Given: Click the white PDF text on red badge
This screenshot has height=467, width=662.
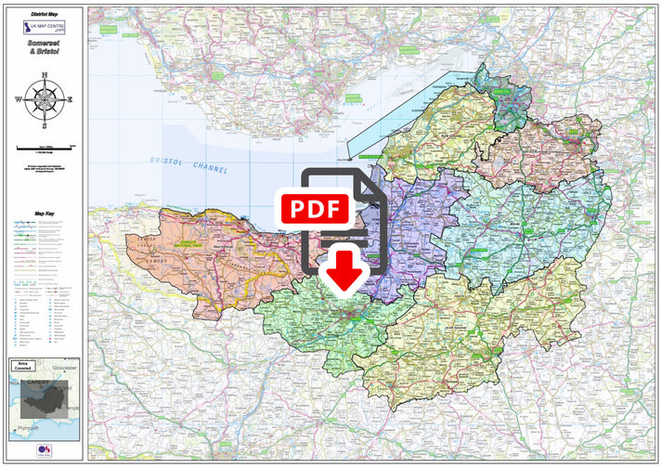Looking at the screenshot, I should [x=315, y=208].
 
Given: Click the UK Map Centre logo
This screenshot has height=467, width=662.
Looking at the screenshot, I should [x=44, y=31].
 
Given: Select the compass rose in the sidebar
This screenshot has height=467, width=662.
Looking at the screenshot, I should [x=44, y=98].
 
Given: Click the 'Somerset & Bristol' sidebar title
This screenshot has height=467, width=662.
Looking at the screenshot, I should [x=44, y=54].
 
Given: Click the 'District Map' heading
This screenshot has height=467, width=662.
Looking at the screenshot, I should [x=44, y=15].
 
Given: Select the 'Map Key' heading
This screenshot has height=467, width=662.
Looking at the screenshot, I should [x=44, y=214].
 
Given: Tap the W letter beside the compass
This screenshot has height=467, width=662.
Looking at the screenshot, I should [x=18, y=98].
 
